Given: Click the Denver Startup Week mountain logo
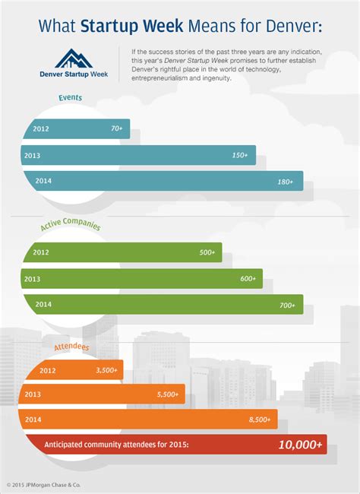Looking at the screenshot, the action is point(74,59).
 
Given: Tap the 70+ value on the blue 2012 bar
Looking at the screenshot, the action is point(116,128).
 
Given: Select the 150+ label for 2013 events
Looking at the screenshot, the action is point(240,155).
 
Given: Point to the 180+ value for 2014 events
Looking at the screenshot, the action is point(286,182).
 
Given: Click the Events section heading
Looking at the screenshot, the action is point(70,97).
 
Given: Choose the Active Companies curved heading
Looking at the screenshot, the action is point(71,223).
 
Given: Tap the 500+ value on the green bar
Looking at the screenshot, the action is point(207,252).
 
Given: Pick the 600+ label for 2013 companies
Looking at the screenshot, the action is point(248,278).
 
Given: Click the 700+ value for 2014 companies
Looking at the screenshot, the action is point(287,305).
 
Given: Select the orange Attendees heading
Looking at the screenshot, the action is point(72,347).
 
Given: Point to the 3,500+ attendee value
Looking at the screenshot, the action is point(107,370).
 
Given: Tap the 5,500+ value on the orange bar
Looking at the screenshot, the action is point(168,394).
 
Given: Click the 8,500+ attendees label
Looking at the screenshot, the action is point(260,420).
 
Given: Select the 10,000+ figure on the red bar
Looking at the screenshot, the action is point(301,445).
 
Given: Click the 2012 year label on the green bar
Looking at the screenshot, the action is point(41,252).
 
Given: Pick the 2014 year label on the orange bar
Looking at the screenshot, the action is point(33,420).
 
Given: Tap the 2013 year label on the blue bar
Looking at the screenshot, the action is point(32,155).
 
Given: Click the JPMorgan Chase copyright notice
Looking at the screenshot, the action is point(43,485).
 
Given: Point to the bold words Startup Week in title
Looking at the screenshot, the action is point(131,26).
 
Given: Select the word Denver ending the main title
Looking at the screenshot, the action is point(292,26).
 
